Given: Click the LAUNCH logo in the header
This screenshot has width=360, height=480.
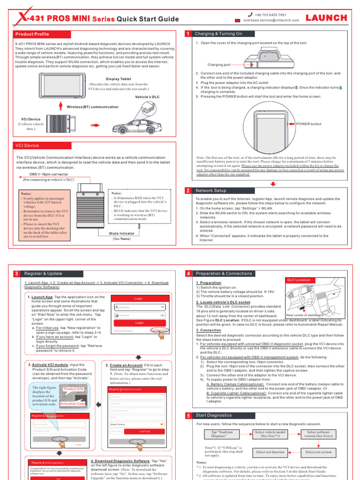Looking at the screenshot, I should coord(327,18).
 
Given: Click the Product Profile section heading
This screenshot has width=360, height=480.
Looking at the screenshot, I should coord(32,34).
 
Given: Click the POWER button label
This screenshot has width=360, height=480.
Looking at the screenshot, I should coord(309,124).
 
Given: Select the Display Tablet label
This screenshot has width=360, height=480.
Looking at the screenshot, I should coord(119,79).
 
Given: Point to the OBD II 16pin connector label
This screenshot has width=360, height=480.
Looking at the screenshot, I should coord(45,173).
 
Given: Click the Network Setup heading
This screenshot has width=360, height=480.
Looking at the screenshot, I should coord(211,191).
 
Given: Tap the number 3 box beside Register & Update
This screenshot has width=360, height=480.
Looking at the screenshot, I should coord(16,274).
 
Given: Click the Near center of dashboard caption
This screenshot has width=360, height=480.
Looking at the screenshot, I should coord(305,315).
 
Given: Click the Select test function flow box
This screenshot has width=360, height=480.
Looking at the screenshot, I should coord(270,451).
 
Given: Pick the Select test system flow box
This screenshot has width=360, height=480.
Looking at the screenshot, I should coord(318,451).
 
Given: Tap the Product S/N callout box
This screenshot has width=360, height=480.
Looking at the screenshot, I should coord(74,389).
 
